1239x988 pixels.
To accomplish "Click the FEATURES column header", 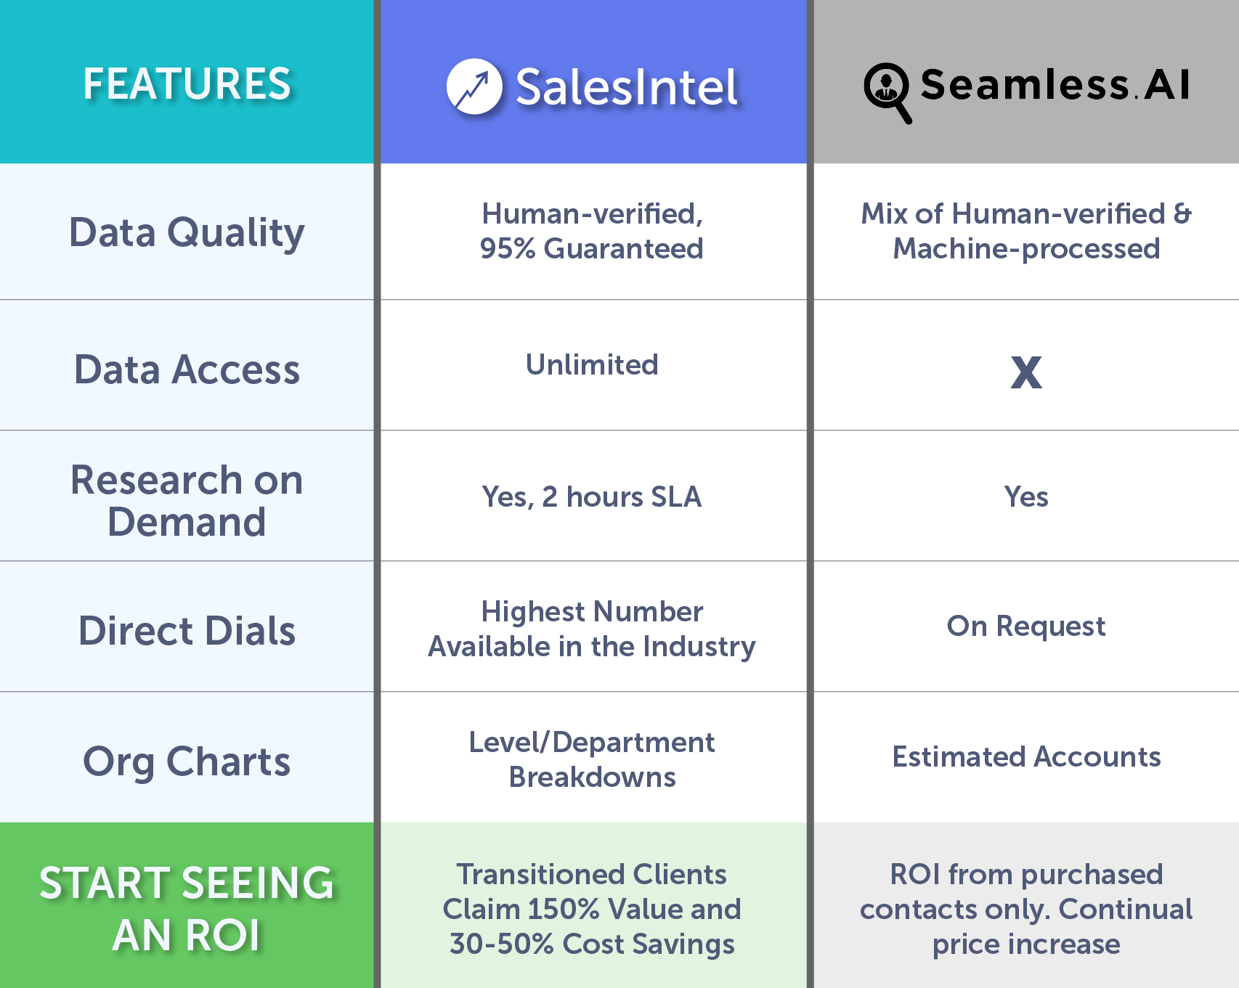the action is tap(187, 83).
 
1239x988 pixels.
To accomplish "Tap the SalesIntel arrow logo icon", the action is tap(474, 86).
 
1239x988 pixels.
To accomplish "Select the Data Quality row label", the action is tap(187, 233).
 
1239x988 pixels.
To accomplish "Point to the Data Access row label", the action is tap(187, 370).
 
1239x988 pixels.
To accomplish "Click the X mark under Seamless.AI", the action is tap(1026, 372).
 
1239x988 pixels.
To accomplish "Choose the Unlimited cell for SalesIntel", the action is tap(592, 364).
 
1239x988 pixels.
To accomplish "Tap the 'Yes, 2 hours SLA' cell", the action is tap(592, 497).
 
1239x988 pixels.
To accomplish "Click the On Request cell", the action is tap(1026, 626).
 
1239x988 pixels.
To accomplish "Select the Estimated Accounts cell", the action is tap(1026, 756).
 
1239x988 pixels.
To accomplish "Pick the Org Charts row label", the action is tap(187, 762).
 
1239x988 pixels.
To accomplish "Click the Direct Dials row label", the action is tap(187, 631).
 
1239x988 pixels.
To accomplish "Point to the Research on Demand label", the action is tap(187, 501).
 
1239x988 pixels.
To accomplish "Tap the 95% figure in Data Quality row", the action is tap(508, 248).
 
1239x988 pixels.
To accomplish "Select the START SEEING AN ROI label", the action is tap(187, 909).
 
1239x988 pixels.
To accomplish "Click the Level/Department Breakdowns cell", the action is tap(592, 759).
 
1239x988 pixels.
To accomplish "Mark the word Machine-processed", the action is tap(1026, 249).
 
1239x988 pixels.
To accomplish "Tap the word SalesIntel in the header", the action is tap(627, 87).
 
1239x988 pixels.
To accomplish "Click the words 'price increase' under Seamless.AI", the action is tap(1026, 944).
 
